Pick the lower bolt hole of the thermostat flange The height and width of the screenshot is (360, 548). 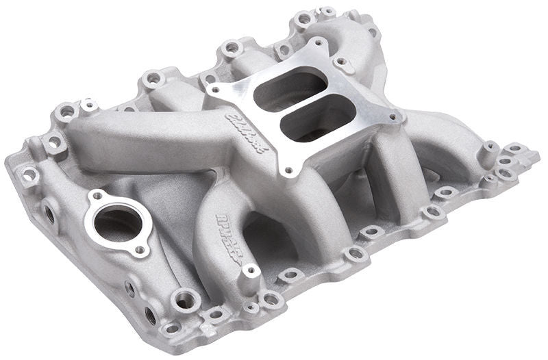(x=140, y=250)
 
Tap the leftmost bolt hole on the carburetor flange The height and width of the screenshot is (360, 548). (x=216, y=88)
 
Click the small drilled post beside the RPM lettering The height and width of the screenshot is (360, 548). (x=251, y=270)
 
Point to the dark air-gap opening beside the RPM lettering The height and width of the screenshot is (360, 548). (x=264, y=236)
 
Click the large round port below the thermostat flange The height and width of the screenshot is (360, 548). (x=186, y=298)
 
